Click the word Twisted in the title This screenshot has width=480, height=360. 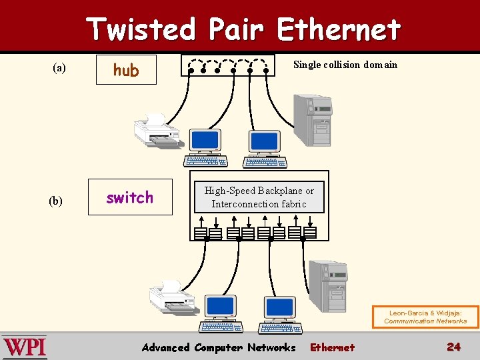pyautogui.click(x=141, y=29)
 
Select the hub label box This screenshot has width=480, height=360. pyautogui.click(x=126, y=70)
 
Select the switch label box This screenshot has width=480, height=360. pyautogui.click(x=130, y=197)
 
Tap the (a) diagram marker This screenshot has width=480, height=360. pyautogui.click(x=59, y=67)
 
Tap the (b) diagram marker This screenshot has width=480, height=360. pyautogui.click(x=55, y=201)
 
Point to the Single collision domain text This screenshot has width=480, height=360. pyautogui.click(x=345, y=65)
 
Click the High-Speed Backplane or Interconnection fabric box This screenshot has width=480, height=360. pyautogui.click(x=259, y=197)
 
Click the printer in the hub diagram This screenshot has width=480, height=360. pyautogui.click(x=157, y=131)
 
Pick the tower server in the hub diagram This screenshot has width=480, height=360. pyautogui.click(x=312, y=119)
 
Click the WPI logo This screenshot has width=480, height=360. pyautogui.click(x=25, y=347)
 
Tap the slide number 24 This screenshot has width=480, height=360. pyautogui.click(x=453, y=347)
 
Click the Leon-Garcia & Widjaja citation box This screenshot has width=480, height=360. pyautogui.click(x=425, y=317)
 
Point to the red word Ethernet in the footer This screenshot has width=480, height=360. pyautogui.click(x=333, y=347)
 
